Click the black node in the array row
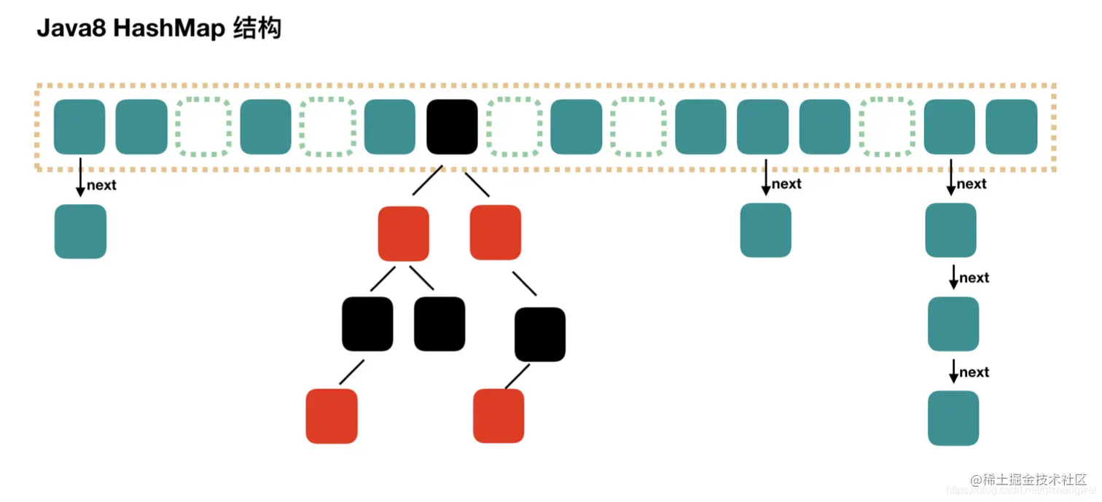pyautogui.click(x=452, y=127)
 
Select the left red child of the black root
pyautogui.click(x=403, y=233)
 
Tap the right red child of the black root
pyautogui.click(x=496, y=232)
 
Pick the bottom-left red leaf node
pyautogui.click(x=332, y=416)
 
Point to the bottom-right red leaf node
pyautogui.click(x=499, y=416)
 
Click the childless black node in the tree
pyautogui.click(x=439, y=324)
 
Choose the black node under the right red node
pyautogui.click(x=540, y=334)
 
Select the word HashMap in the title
pyautogui.click(x=167, y=28)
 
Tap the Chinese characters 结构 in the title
pyautogui.click(x=257, y=28)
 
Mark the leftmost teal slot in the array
pyautogui.click(x=79, y=127)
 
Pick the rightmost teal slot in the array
pyautogui.click(x=1011, y=127)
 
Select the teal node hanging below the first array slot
pyautogui.click(x=80, y=231)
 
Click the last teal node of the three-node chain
pyautogui.click(x=953, y=418)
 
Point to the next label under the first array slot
pyautogui.click(x=101, y=185)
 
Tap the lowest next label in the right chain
pyautogui.click(x=974, y=372)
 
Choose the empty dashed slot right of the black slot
pyautogui.click(x=514, y=127)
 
